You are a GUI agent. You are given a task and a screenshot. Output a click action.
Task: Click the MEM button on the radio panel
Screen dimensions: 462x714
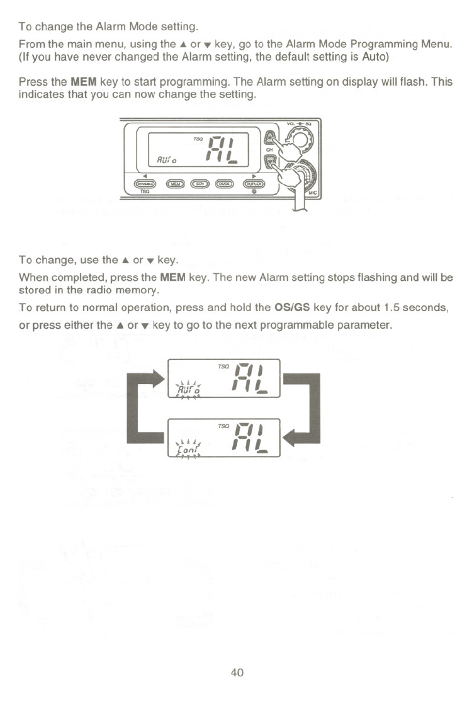[177, 183]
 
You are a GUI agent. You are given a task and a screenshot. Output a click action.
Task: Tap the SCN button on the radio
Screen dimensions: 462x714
[201, 183]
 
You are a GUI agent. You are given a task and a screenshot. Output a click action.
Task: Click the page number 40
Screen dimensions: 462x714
[237, 672]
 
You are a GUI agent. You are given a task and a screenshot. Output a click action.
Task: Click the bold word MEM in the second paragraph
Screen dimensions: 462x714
[82, 82]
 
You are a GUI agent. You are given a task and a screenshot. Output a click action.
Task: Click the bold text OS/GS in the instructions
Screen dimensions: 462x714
[292, 309]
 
